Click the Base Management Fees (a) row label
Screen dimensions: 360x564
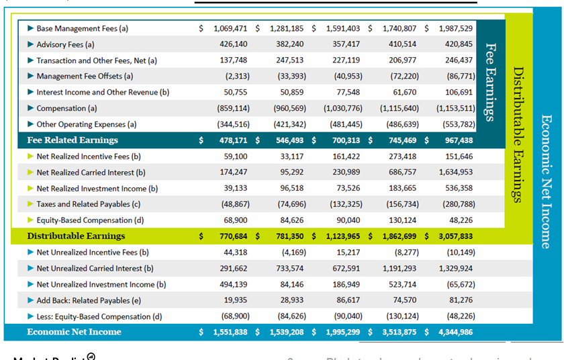[x=82, y=29]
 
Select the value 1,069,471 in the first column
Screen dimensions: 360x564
[x=230, y=29]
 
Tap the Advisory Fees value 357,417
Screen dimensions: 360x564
[x=342, y=44]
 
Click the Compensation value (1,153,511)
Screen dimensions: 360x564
[x=456, y=108]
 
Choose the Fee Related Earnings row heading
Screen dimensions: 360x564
[x=73, y=140]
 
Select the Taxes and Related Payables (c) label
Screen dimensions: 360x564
[x=88, y=204]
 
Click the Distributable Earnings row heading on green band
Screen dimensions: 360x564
[x=76, y=236]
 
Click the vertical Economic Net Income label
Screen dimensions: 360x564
[x=546, y=181]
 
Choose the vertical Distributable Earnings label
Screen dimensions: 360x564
[x=518, y=134]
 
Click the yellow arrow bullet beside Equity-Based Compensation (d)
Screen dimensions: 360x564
[x=30, y=220]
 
